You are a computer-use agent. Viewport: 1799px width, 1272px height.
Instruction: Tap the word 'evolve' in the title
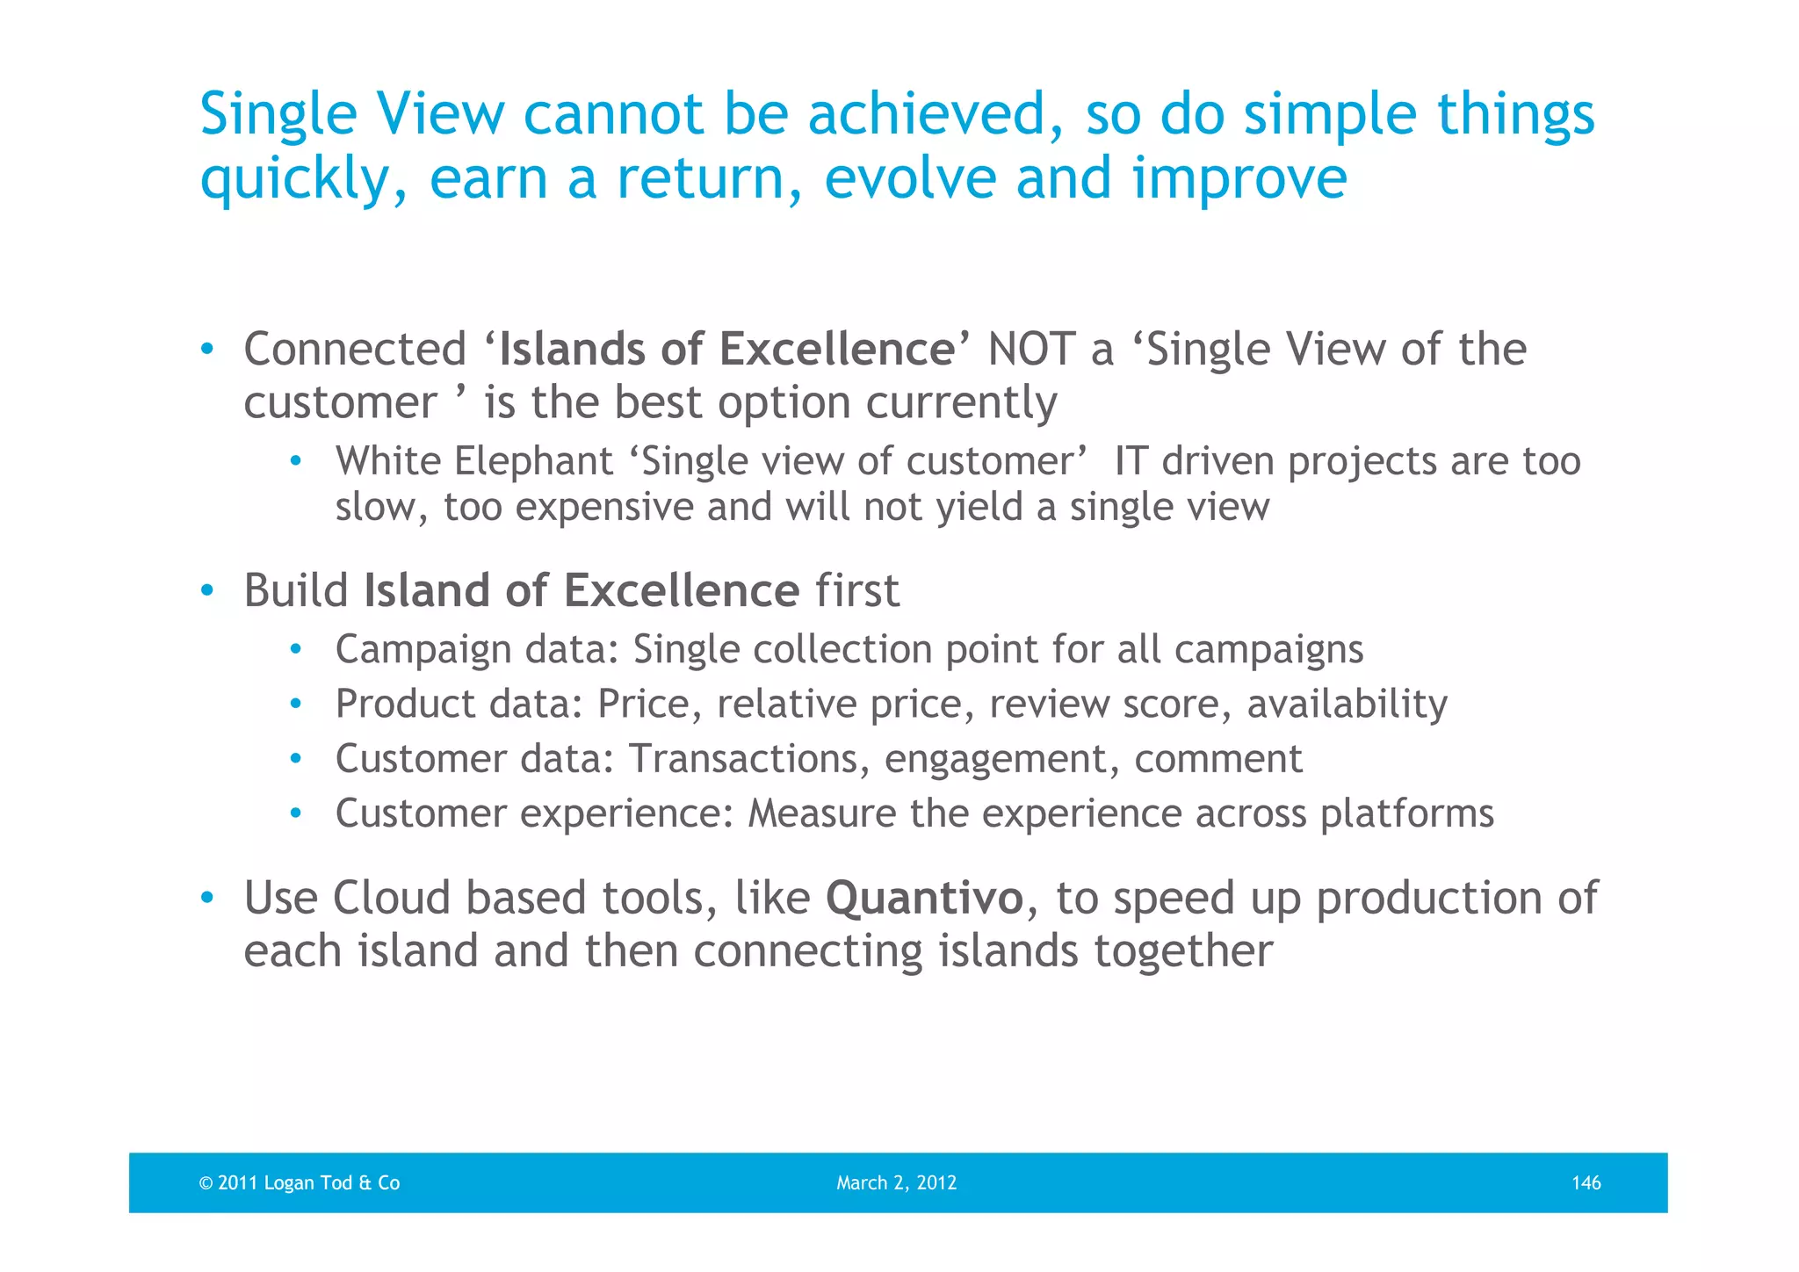tap(910, 178)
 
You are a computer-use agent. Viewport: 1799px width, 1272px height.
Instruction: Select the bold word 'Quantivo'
tap(924, 898)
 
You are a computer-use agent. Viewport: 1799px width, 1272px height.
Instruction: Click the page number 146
tap(1586, 1182)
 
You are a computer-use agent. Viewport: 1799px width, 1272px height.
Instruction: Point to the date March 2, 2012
tap(896, 1182)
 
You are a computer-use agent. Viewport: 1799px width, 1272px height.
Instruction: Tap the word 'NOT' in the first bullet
tap(1030, 349)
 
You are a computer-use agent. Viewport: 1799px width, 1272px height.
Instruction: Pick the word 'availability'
tap(1347, 704)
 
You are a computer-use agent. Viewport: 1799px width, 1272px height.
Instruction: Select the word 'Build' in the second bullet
tap(296, 590)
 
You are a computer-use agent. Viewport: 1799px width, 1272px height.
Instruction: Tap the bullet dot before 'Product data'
tap(296, 704)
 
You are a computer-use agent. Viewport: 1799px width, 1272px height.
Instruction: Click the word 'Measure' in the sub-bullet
tap(821, 813)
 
